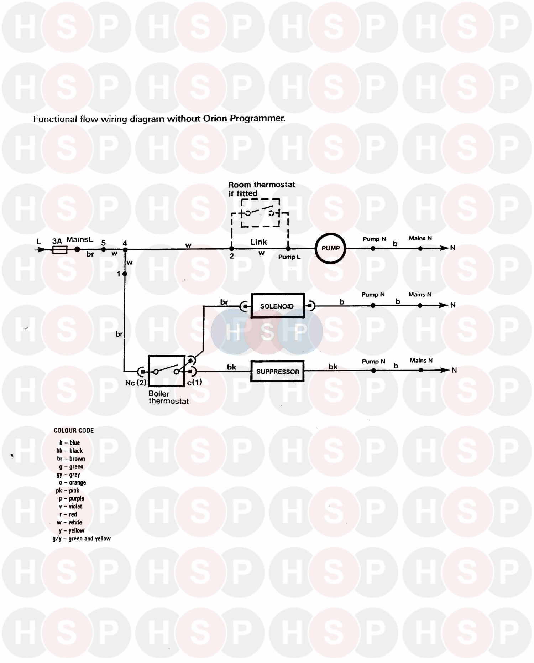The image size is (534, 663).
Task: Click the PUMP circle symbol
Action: (x=330, y=248)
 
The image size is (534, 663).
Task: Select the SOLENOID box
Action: (x=277, y=306)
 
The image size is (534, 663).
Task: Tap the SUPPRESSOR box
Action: (x=277, y=371)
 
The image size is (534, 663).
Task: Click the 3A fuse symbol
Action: (x=60, y=250)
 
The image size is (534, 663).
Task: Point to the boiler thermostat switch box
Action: (x=166, y=371)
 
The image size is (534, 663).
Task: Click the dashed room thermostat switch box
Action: (x=260, y=213)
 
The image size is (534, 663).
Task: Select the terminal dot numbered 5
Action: (x=103, y=249)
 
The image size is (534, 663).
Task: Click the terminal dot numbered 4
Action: (x=125, y=250)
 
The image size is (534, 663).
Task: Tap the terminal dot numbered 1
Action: (x=125, y=274)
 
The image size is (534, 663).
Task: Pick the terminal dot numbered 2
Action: (x=231, y=249)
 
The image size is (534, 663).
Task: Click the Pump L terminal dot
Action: (x=288, y=249)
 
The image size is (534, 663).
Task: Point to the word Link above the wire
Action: (x=258, y=242)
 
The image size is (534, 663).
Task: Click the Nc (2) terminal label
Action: (x=136, y=383)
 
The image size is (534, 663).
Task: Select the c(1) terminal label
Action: (x=194, y=382)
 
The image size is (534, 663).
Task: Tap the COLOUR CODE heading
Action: (x=74, y=430)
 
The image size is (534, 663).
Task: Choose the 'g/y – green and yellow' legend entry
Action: (x=82, y=538)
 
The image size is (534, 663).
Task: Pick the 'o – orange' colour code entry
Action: (x=73, y=482)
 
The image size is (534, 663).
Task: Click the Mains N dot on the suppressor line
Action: (x=421, y=370)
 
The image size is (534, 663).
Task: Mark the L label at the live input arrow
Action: (x=39, y=242)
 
